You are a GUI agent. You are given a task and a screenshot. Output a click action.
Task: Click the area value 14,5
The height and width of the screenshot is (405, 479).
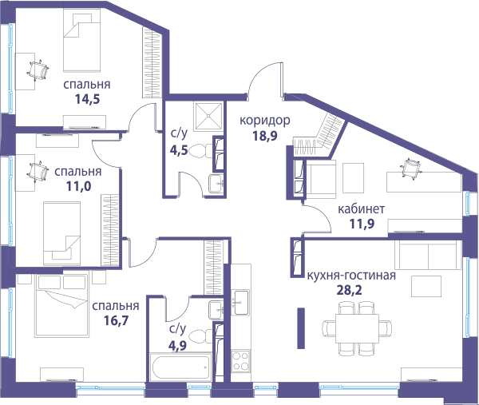87,99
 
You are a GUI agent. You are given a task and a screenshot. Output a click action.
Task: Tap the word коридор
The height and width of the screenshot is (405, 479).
265,121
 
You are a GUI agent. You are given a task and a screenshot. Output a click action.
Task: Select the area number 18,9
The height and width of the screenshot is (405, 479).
265,136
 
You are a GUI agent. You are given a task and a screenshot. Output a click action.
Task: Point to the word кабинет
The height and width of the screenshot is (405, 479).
361,209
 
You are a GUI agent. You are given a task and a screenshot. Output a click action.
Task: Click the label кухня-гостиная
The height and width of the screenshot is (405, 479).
351,276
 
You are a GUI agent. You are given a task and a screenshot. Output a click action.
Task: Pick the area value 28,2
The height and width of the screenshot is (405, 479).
349,290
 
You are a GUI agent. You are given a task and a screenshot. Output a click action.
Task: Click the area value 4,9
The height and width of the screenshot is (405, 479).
177,345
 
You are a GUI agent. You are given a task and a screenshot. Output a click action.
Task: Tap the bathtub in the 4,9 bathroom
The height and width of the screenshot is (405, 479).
180,367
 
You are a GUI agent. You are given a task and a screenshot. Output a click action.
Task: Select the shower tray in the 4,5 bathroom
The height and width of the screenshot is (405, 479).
208,116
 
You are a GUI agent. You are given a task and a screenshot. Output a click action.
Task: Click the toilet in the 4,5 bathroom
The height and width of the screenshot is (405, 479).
200,151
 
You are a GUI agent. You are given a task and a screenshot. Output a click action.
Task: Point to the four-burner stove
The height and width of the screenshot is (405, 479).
240,361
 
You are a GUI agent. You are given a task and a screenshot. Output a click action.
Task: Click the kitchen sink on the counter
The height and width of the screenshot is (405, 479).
241,303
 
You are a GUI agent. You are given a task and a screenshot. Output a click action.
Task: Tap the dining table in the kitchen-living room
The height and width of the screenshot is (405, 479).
357,329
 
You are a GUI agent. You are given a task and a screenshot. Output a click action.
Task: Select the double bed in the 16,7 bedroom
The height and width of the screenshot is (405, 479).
62,305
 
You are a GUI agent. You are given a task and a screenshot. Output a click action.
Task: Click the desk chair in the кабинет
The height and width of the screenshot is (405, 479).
410,168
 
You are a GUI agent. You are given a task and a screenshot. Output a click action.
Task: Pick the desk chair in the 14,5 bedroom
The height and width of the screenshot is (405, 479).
38,71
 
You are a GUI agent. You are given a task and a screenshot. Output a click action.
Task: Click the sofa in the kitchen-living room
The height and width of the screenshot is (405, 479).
428,255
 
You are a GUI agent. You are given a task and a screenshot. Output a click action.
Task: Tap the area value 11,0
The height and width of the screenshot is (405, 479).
78,186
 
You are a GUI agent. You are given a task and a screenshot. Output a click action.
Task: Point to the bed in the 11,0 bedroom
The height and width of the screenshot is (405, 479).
62,233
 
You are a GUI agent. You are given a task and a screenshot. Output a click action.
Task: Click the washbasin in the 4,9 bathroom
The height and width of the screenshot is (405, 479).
216,310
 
